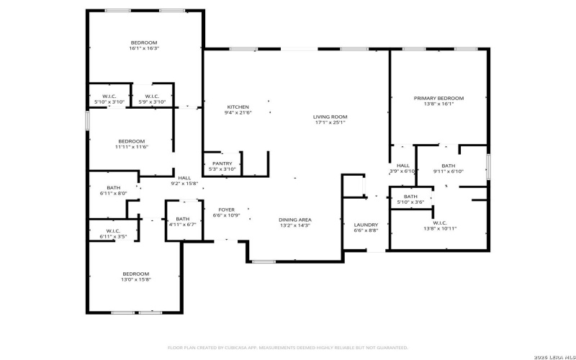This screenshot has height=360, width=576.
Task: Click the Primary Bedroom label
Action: tap(438, 99)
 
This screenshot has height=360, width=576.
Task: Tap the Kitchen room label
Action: tap(238, 107)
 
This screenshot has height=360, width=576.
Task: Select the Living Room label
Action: tap(330, 117)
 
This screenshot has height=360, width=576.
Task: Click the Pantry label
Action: tap(222, 163)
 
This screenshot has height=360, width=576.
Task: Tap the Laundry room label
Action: tap(366, 225)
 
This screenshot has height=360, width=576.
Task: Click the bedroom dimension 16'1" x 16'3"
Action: tap(143, 49)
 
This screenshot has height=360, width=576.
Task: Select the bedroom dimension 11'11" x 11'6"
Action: tap(131, 147)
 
